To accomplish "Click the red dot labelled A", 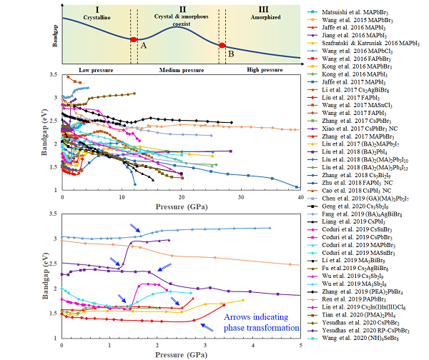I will point(133,39).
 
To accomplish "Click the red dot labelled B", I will point(222,46).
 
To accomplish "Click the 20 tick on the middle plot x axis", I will point(182,197).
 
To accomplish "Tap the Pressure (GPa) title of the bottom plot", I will point(180,353).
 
